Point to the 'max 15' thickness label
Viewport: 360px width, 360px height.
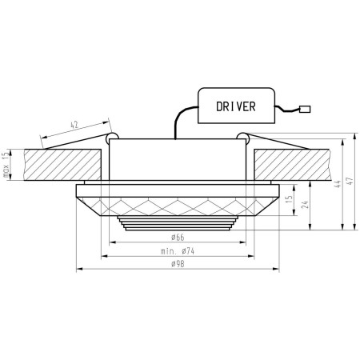(x=6, y=165)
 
